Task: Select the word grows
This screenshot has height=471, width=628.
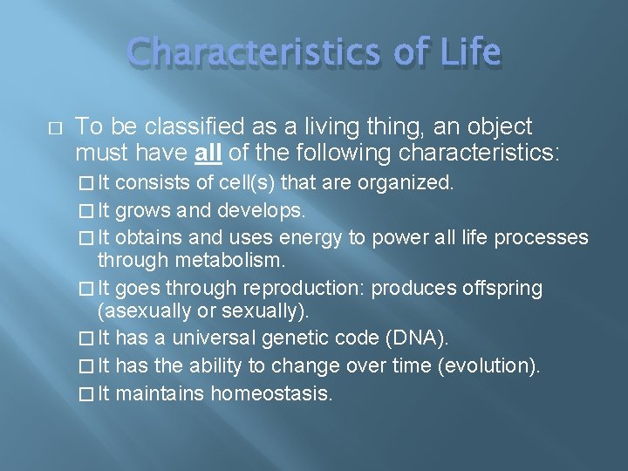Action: click(x=142, y=211)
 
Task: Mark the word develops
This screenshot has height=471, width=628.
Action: click(x=259, y=211)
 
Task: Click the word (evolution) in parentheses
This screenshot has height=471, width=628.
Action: click(x=489, y=366)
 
